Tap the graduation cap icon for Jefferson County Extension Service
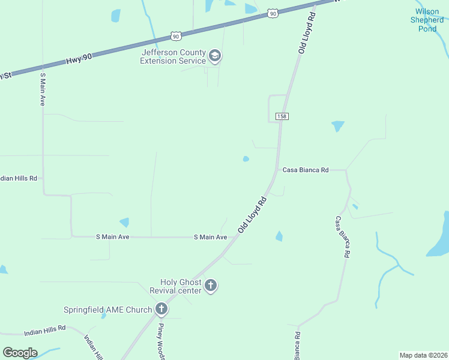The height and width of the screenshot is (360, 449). point(214,57)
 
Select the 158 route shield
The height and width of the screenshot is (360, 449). point(281,116)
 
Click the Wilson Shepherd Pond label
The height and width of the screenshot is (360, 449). point(427,20)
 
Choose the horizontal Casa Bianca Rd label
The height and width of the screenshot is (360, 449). point(306,170)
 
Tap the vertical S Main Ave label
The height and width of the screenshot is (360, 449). point(43,89)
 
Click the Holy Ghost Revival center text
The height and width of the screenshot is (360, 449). point(181,286)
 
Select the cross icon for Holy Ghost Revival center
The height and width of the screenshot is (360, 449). point(210,286)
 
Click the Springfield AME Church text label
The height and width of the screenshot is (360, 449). point(108,310)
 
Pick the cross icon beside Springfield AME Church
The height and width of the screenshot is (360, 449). point(161,310)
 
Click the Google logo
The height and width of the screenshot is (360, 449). point(20,353)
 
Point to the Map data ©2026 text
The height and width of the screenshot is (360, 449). point(423,355)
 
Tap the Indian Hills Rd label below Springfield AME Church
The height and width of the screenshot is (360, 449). point(44,331)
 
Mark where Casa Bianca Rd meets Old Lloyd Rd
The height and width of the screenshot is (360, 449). point(276,170)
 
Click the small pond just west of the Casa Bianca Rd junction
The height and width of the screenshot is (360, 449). point(246,159)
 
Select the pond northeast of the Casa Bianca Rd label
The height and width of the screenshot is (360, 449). point(338,125)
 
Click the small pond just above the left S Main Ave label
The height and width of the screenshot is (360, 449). point(124,222)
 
